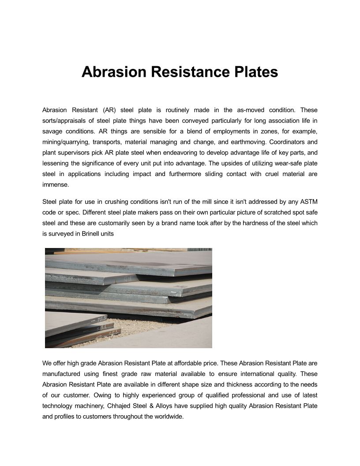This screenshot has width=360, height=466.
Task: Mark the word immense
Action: tap(56, 185)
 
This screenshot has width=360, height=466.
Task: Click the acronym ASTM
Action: tap(308, 202)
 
